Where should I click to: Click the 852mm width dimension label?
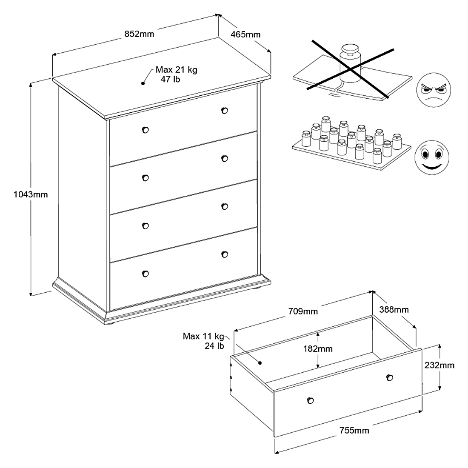139,34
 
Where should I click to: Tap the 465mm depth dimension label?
245,34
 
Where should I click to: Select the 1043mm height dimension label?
31,194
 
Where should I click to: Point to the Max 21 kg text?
176,70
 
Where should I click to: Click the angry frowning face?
434,91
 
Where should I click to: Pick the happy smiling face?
432,157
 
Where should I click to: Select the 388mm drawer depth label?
394,309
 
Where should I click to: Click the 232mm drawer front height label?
439,365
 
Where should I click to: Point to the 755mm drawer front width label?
354,431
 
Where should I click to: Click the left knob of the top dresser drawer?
146,130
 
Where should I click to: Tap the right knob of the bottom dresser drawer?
225,254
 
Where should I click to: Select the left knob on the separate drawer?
310,400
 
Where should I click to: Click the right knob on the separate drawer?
389,377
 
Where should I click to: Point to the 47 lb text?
170,80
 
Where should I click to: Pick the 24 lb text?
214,346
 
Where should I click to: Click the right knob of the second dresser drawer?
225,159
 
